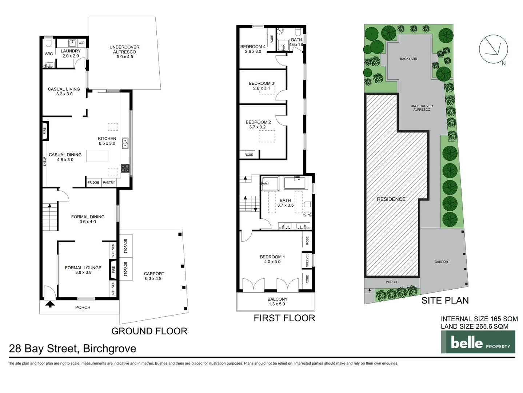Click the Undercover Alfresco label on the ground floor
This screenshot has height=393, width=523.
pyautogui.click(x=124, y=52)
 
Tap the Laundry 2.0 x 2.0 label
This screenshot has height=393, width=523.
pyautogui.click(x=71, y=53)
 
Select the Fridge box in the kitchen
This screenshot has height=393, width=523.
pyautogui.click(x=93, y=182)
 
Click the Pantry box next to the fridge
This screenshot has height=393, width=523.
pyautogui.click(x=109, y=182)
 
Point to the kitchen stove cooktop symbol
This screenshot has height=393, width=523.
pyautogui.click(x=125, y=168)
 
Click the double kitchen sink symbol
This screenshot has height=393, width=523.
pyautogui.click(x=125, y=143)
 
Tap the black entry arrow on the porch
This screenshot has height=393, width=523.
pyautogui.click(x=50, y=304)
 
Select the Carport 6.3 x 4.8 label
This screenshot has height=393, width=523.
pyautogui.click(x=154, y=276)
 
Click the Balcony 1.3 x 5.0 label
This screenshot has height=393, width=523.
pyautogui.click(x=277, y=301)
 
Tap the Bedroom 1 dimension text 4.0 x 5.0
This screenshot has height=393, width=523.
pyautogui.click(x=272, y=262)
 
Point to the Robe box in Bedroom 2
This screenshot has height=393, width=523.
pyautogui.click(x=249, y=155)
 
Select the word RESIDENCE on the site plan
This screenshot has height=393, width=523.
pyautogui.click(x=391, y=199)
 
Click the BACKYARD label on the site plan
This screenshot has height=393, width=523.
pyautogui.click(x=408, y=59)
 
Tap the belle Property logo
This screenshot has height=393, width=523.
pyautogui.click(x=478, y=342)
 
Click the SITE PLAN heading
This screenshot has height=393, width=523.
pyautogui.click(x=445, y=300)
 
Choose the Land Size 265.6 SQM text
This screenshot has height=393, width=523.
pyautogui.click(x=475, y=326)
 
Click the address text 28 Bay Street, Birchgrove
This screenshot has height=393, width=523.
pyautogui.click(x=72, y=348)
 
